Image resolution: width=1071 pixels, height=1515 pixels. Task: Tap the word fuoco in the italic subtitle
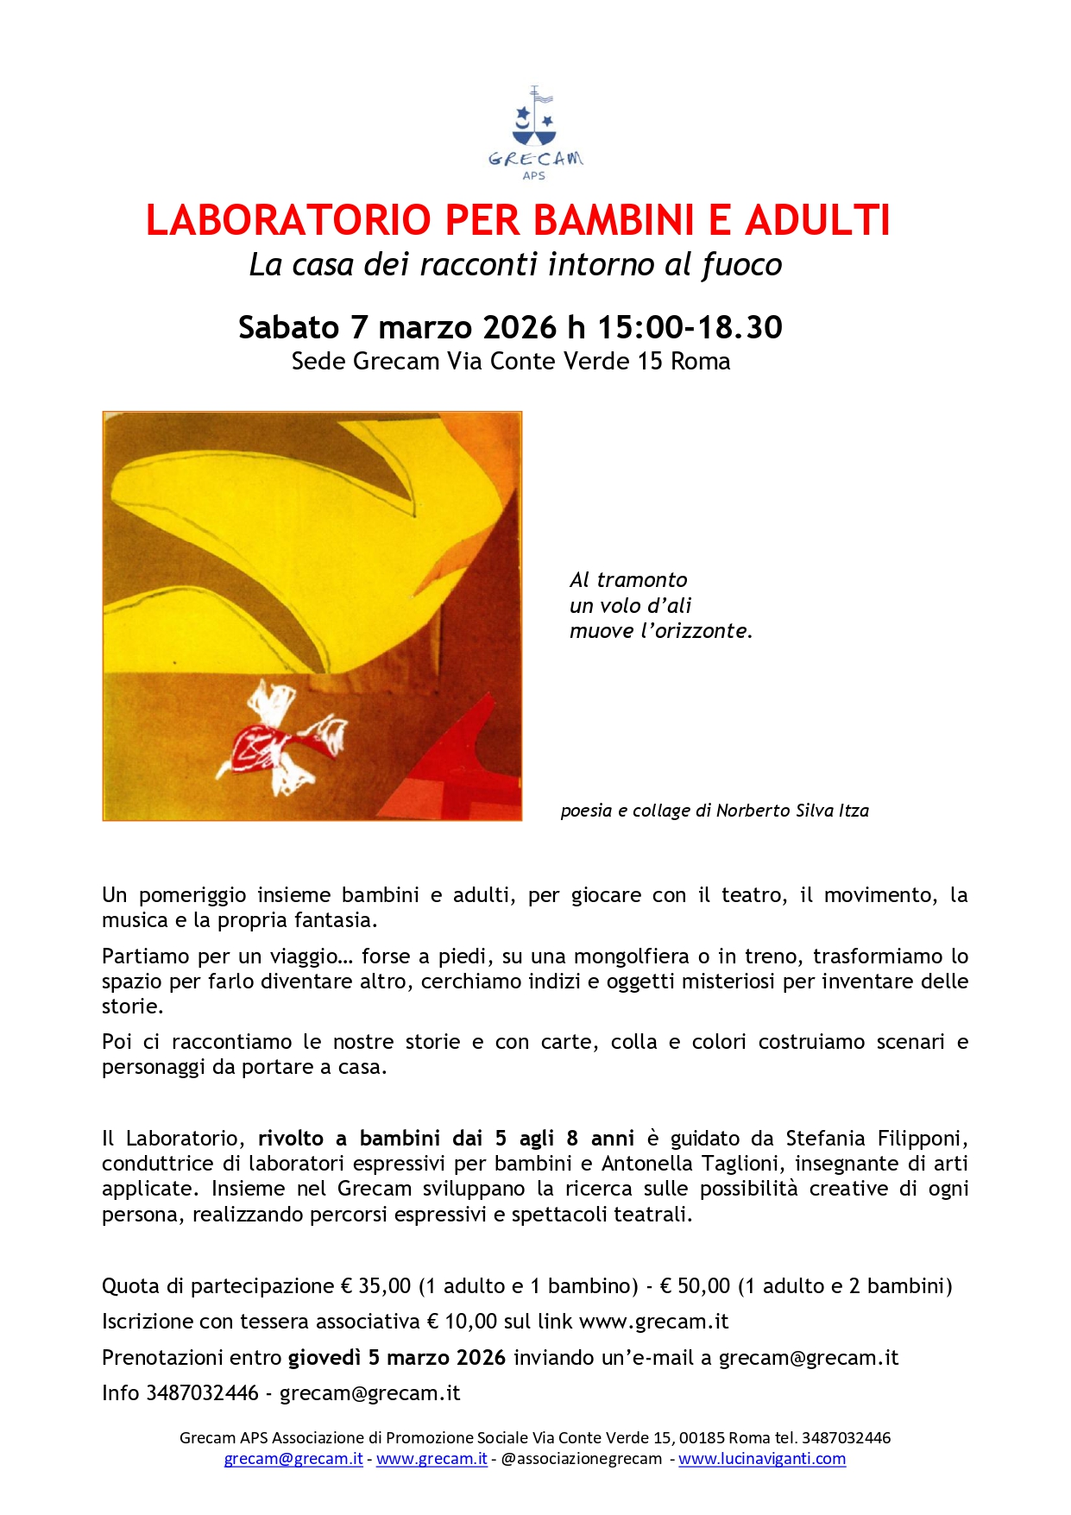(x=741, y=265)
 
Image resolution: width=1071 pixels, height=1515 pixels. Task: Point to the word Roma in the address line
(x=700, y=362)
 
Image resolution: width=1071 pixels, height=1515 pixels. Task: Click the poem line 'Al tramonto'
(x=628, y=580)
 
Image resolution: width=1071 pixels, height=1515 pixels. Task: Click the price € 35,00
(x=375, y=1286)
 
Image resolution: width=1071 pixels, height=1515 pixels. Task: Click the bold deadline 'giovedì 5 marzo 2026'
(x=396, y=1358)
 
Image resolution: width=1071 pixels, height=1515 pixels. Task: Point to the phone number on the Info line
(x=202, y=1393)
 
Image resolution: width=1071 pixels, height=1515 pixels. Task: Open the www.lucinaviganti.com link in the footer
(x=761, y=1459)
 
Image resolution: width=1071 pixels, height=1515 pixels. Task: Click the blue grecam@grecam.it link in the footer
(x=293, y=1459)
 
